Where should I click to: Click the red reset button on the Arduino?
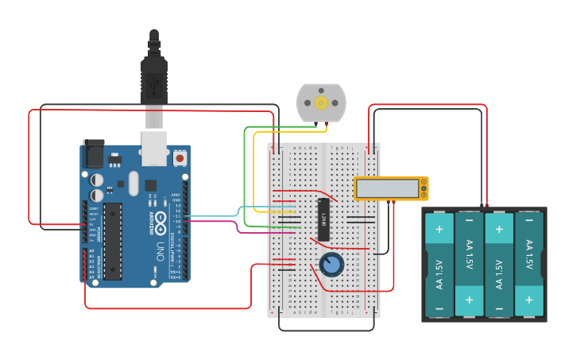tap(180, 158)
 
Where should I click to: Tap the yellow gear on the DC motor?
tap(321, 102)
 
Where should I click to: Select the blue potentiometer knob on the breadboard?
tap(331, 265)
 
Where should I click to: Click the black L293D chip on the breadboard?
tap(324, 219)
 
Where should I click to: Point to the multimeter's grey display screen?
tap(387, 188)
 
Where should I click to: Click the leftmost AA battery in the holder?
tap(439, 265)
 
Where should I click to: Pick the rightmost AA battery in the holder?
tap(530, 265)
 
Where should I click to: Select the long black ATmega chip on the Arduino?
tap(113, 241)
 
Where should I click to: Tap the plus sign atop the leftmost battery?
tap(439, 229)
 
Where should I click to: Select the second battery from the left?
tap(469, 265)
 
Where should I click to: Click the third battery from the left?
tap(499, 265)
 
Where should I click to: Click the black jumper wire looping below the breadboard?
tap(326, 330)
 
